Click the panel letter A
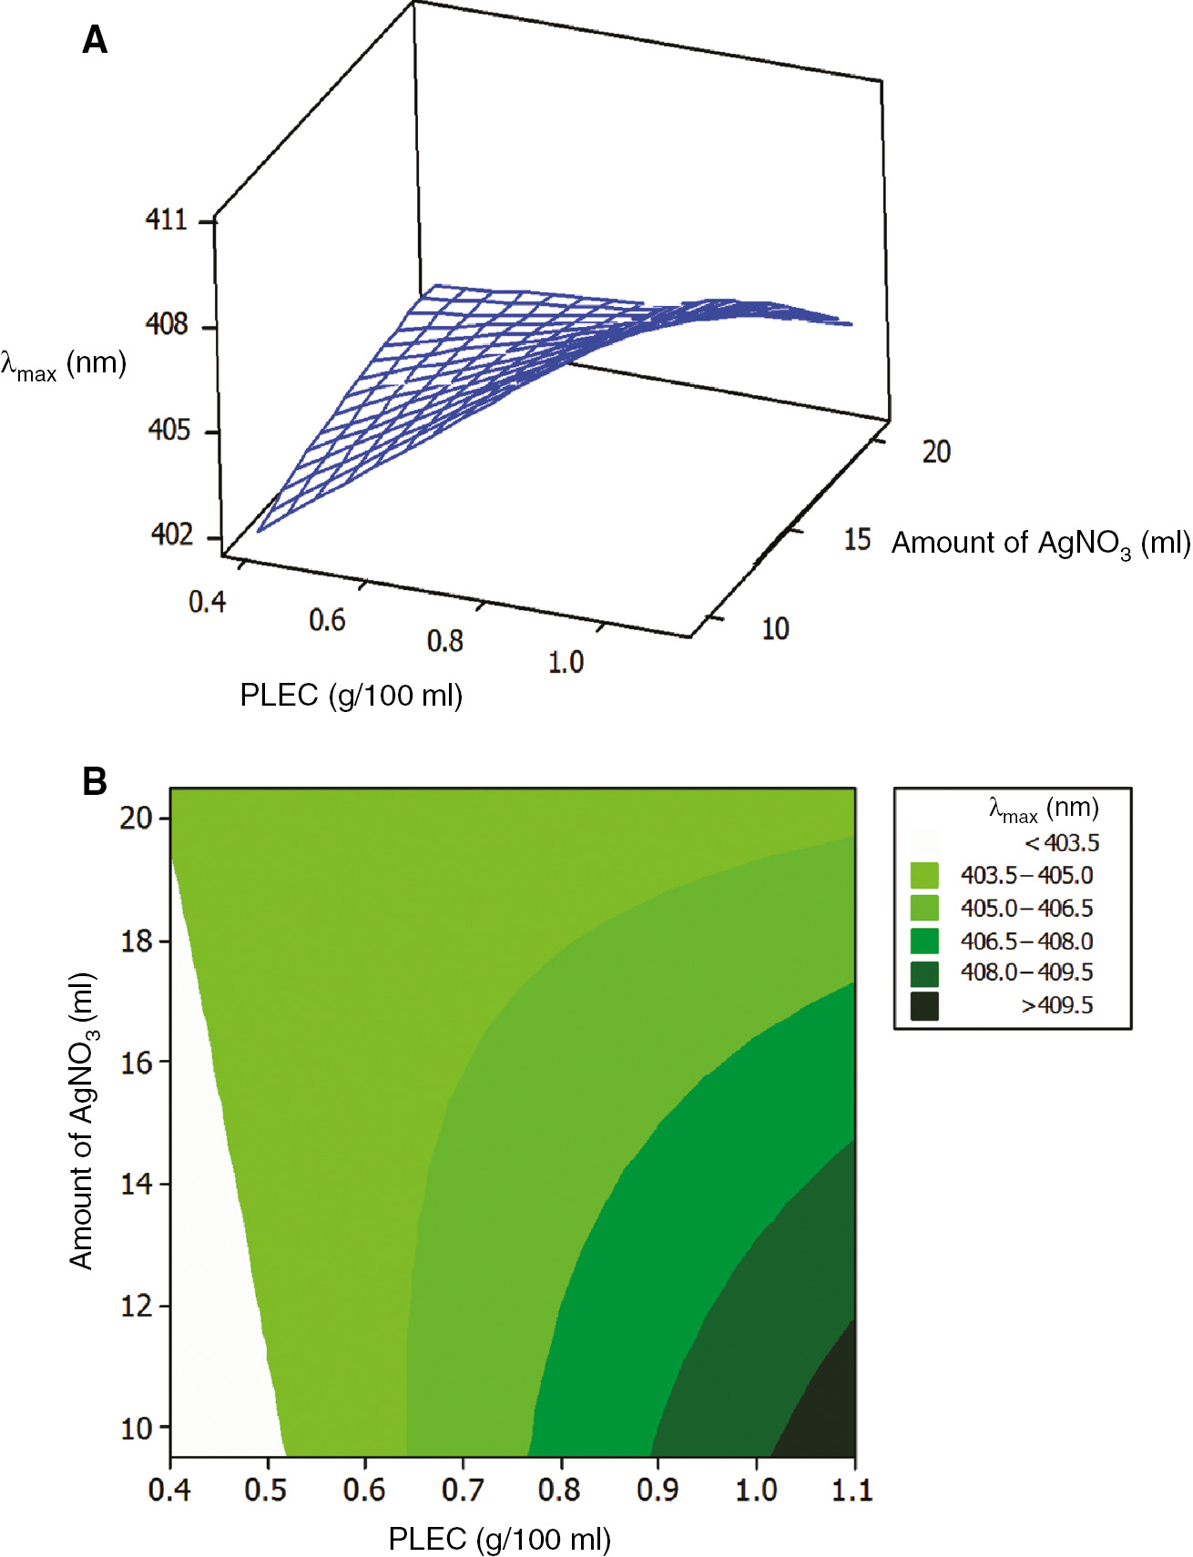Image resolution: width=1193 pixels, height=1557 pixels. (95, 41)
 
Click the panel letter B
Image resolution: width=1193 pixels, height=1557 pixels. (95, 781)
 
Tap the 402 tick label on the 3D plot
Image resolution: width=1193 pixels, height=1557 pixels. (172, 534)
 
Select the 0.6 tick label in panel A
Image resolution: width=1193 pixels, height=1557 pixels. (327, 621)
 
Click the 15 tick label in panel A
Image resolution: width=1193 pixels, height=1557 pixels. (857, 539)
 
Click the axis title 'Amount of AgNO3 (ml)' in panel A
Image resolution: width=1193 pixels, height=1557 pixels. (1040, 544)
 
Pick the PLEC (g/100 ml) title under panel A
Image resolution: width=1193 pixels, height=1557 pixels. (351, 696)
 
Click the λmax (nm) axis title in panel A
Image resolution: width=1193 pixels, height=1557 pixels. (63, 364)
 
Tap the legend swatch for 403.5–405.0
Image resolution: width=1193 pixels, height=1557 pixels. (924, 876)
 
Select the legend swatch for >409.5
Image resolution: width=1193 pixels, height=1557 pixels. (924, 1006)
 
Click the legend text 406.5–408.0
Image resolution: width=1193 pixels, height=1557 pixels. (1026, 941)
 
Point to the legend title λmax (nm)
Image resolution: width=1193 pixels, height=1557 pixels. (1044, 809)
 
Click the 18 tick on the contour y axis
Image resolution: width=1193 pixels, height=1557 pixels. (137, 941)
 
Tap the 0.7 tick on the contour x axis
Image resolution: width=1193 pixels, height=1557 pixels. (462, 1491)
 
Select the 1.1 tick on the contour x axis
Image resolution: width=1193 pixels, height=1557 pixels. (852, 1491)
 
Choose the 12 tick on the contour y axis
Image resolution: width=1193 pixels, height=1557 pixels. (137, 1306)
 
